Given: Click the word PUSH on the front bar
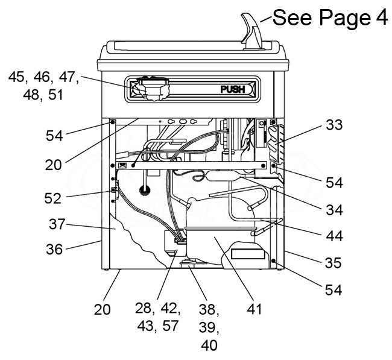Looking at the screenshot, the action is click(x=232, y=89).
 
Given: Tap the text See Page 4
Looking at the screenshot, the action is click(x=330, y=17).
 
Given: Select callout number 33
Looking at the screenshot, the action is click(x=334, y=125).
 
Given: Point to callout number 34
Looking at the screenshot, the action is click(x=334, y=209).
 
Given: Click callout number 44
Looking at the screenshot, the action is click(x=334, y=236).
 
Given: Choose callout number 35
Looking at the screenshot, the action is click(x=334, y=263).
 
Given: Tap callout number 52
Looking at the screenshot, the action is click(x=52, y=198).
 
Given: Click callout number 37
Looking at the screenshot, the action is click(x=57, y=224).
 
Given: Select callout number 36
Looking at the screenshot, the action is click(x=54, y=249).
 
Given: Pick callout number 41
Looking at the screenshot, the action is click(x=254, y=309).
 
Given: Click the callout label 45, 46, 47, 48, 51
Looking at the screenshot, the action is click(x=43, y=86).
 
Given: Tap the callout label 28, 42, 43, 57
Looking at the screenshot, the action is click(x=158, y=317).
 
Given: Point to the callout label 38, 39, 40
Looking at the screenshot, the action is click(x=209, y=327).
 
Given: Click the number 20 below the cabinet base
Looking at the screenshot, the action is click(x=103, y=309).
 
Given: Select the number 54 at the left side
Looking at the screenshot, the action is click(x=54, y=136).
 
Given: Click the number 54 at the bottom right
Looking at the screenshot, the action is click(x=334, y=290).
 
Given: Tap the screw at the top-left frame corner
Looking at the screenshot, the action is click(x=113, y=122).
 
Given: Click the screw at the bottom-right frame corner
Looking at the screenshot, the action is click(x=274, y=261).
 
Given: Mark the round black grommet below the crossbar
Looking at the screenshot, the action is click(x=144, y=190).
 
